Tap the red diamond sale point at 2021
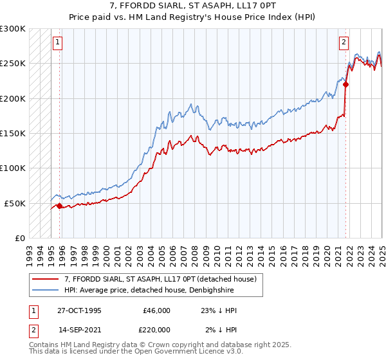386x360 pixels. click(345, 84)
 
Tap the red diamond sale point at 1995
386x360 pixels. click(60, 206)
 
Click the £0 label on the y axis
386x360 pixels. click(19, 238)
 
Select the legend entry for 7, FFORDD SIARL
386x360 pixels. click(160, 279)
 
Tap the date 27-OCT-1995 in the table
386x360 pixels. click(79, 310)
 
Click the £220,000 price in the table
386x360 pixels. click(156, 330)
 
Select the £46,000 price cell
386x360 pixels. click(156, 310)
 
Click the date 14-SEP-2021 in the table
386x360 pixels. click(79, 330)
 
